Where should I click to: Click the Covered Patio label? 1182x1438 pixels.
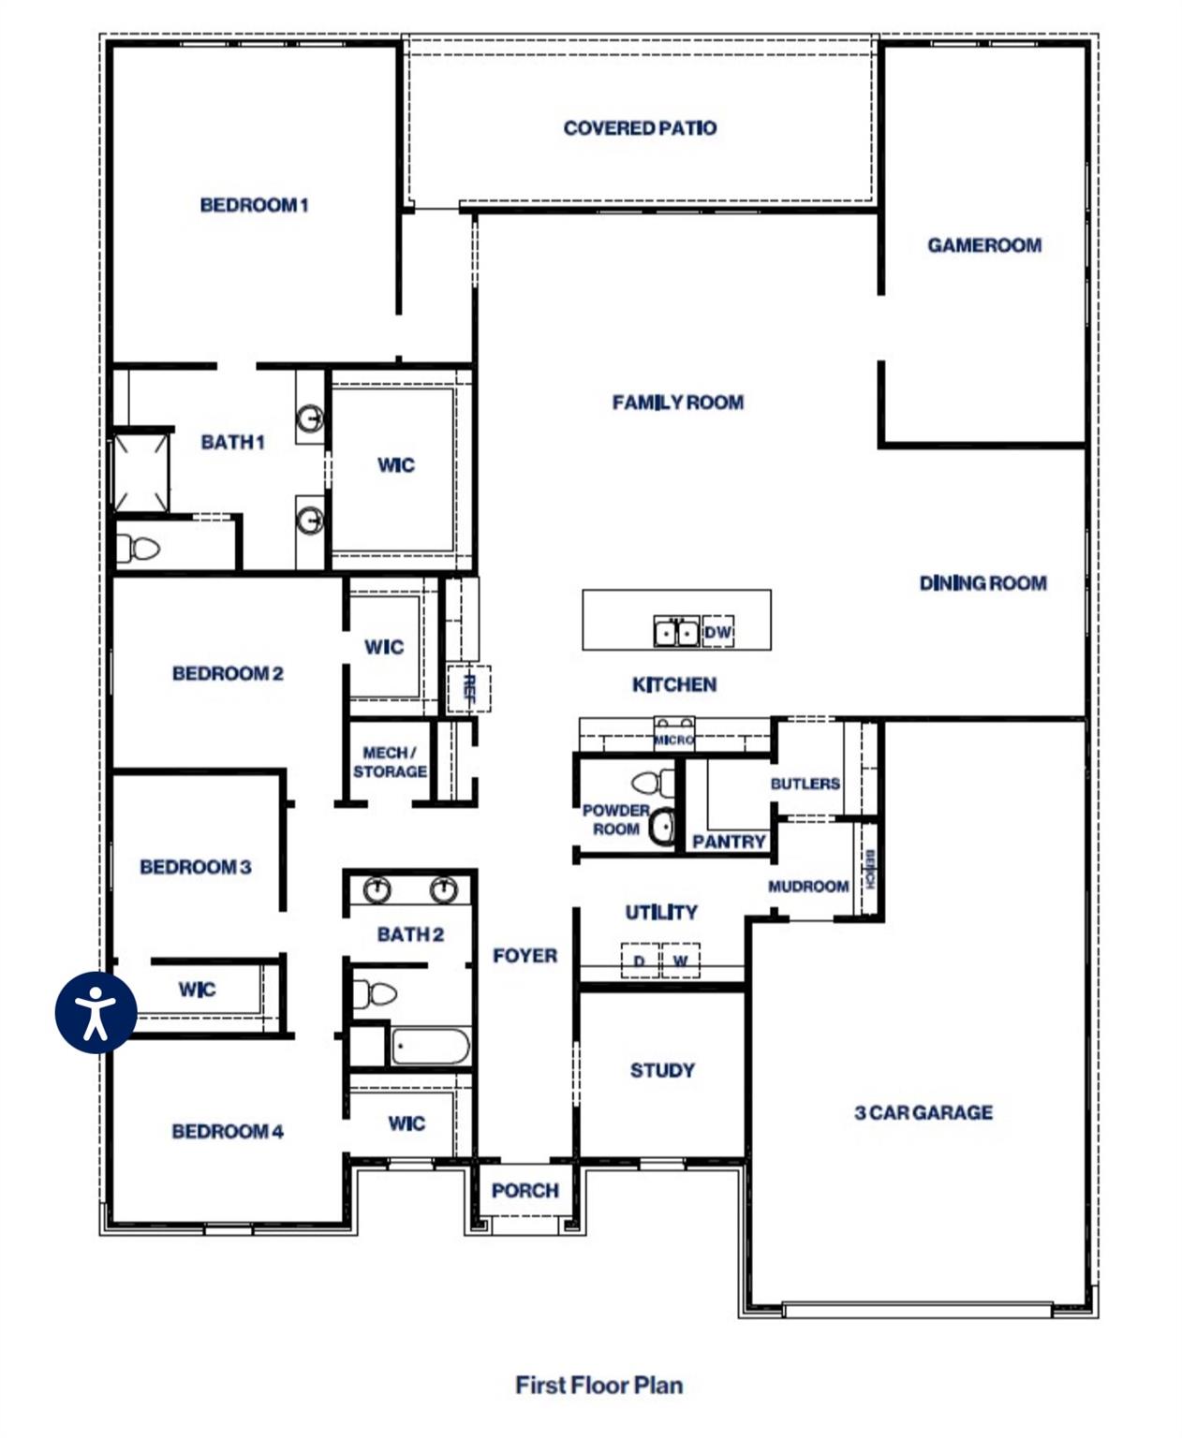pos(640,127)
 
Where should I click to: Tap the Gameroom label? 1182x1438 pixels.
pos(983,244)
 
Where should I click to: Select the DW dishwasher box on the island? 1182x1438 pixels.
pos(717,632)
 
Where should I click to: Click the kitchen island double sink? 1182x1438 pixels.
pos(676,632)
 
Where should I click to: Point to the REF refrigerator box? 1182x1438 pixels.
pos(469,688)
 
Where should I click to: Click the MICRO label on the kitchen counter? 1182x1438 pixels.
pos(673,740)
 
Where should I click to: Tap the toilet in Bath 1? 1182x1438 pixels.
pos(138,548)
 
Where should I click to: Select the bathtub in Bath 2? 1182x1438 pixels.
pos(430,1046)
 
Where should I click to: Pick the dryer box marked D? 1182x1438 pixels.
pos(640,961)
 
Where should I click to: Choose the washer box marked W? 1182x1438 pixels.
pos(680,961)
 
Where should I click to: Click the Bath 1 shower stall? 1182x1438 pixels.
pos(140,472)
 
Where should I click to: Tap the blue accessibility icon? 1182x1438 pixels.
pos(96,1012)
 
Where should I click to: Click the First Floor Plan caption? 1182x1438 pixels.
pos(598,1385)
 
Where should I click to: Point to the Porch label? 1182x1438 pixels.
pos(525,1190)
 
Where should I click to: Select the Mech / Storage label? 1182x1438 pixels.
pos(390,762)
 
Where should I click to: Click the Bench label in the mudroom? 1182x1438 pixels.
pos(869,869)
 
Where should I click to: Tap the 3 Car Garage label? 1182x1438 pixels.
pos(923,1112)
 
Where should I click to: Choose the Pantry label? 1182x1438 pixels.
pos(729,842)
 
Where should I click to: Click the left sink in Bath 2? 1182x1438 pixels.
pos(377,888)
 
